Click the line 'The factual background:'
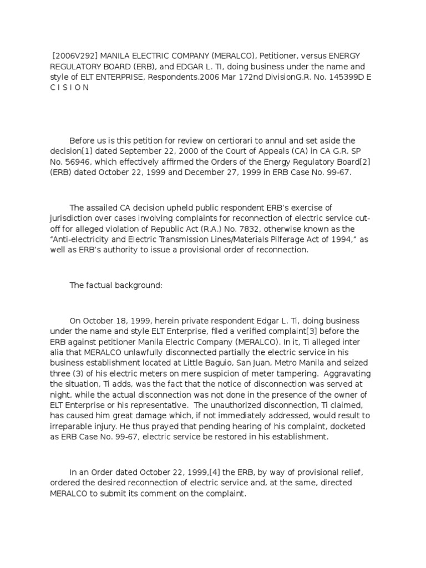[x=115, y=285]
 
